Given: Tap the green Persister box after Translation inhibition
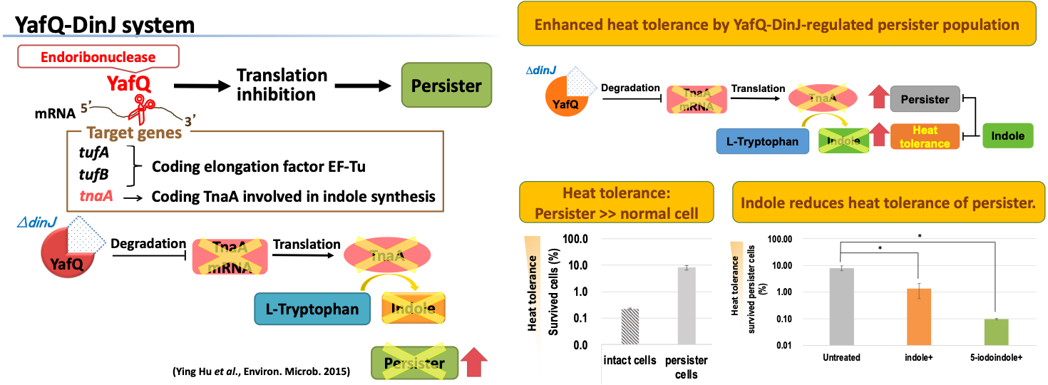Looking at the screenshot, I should coord(446,86).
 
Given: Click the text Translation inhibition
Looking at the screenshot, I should coord(282,85).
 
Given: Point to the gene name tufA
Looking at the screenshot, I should coord(93,153).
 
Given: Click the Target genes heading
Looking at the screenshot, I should coord(134,133).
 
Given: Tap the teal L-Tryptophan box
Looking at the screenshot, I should coord(312,310).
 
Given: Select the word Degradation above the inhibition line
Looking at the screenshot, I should coord(148,244).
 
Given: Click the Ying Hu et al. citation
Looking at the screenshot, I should coord(261,371).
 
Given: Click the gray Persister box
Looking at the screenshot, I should coord(925,100).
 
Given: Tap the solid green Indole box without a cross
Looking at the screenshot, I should coord(1007,135).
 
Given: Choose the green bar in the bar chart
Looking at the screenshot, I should coord(996,332).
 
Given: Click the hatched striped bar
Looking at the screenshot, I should coord(630,327).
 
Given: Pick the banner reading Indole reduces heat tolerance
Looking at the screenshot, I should coord(888,202).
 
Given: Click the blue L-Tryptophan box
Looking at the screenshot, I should coord(762,142).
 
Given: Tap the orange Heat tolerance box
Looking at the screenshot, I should coord(925,136).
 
